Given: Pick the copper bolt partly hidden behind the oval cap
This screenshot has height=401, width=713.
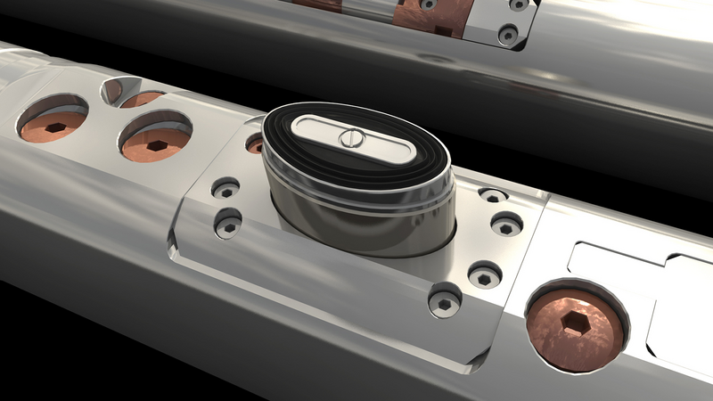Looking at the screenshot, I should click(255, 143).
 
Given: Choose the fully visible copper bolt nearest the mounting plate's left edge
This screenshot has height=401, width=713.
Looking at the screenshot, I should click(157, 141).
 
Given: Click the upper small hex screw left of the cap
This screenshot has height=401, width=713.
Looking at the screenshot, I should click(226, 190).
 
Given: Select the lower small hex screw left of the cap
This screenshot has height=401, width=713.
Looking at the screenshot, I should click(229, 225).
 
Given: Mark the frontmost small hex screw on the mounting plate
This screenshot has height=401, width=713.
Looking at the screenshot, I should click(444, 301).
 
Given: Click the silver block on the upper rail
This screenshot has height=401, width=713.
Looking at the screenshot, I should click(499, 22).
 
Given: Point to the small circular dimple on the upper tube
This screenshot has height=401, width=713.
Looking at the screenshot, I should click(437, 59).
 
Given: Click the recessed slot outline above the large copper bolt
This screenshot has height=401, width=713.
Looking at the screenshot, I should click(615, 258).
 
